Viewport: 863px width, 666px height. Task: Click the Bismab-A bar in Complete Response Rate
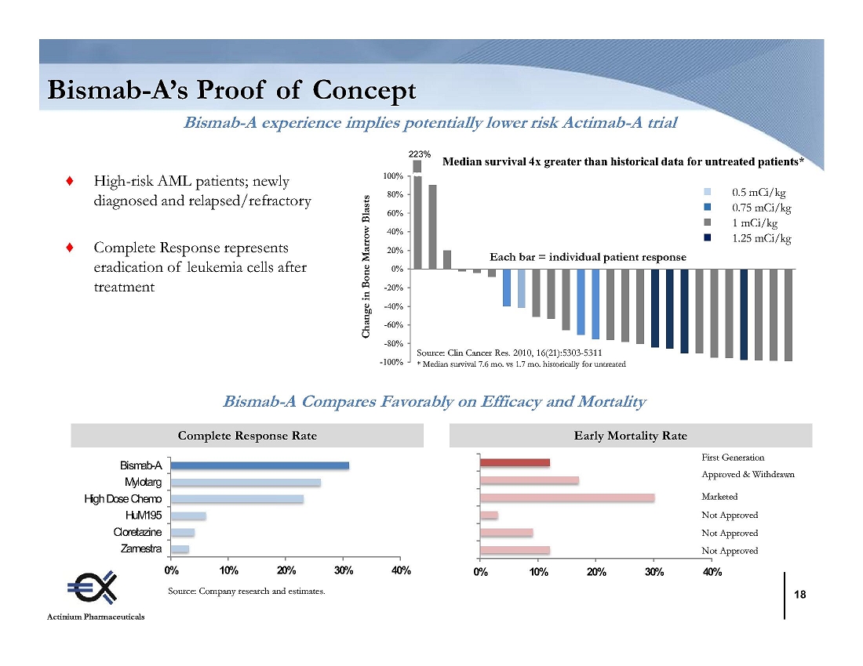260,465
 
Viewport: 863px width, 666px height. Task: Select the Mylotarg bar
246,482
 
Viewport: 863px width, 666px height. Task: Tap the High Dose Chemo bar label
123,499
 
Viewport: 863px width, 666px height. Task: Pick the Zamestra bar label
142,548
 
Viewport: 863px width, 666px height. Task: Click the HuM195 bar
188,516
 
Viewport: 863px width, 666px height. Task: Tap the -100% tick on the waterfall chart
392,362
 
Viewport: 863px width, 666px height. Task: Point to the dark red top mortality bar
515,462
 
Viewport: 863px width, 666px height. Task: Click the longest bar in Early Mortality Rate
566,498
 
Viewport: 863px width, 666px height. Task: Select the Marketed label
719,497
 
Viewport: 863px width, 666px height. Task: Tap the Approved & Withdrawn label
748,475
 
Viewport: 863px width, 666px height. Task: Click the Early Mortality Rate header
630,436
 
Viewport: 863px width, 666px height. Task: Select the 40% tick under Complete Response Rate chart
400,570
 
